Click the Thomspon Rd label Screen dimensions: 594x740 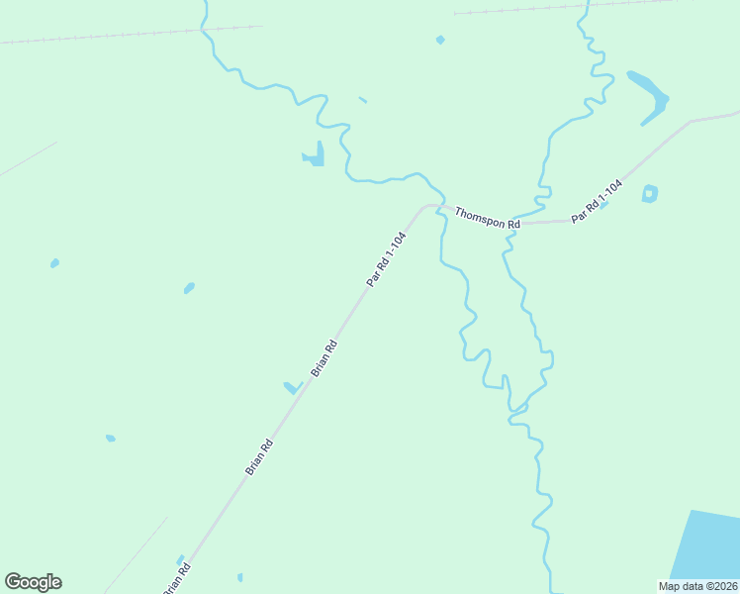pos(487,219)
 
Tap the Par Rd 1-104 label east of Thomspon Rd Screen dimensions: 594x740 pos(597,201)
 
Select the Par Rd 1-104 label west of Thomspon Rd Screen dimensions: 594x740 pos(386,259)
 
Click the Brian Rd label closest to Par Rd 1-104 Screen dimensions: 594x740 pos(324,358)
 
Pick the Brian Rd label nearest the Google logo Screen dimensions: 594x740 pos(176,579)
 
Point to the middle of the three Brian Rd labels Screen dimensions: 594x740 pos(259,457)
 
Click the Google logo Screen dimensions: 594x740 pos(33,582)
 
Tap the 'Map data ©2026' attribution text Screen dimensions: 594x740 pos(697,585)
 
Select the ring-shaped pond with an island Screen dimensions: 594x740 pos(649,193)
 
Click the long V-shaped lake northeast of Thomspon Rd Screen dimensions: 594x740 pos(651,95)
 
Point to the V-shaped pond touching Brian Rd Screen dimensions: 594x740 pos(292,387)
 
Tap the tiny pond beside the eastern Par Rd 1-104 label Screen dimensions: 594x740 pos(602,206)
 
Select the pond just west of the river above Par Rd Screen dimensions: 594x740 pos(315,154)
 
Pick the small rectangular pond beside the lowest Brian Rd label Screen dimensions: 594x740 pos(180,559)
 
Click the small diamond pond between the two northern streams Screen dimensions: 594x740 pos(440,40)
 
